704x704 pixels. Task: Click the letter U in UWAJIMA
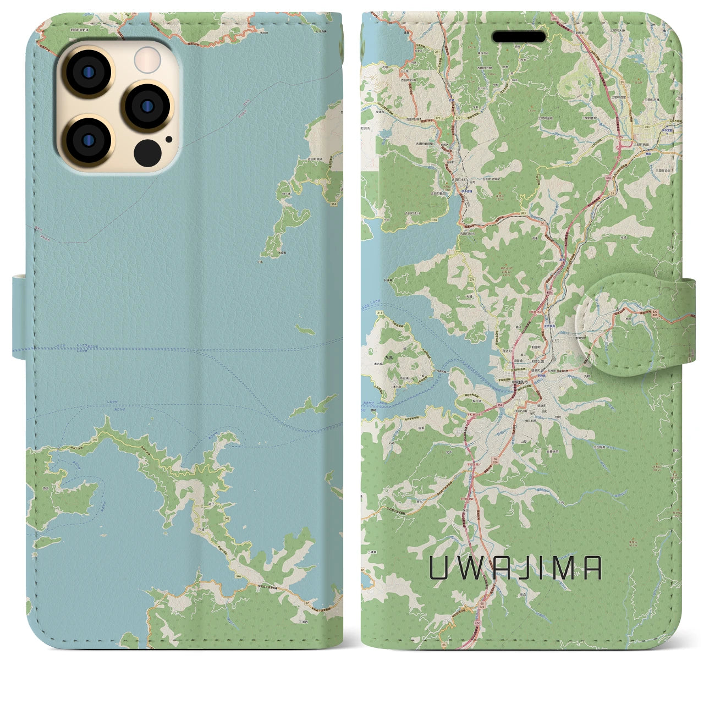click(438, 569)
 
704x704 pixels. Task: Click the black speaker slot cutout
click(519, 37)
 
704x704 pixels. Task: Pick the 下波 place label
click(201, 529)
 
